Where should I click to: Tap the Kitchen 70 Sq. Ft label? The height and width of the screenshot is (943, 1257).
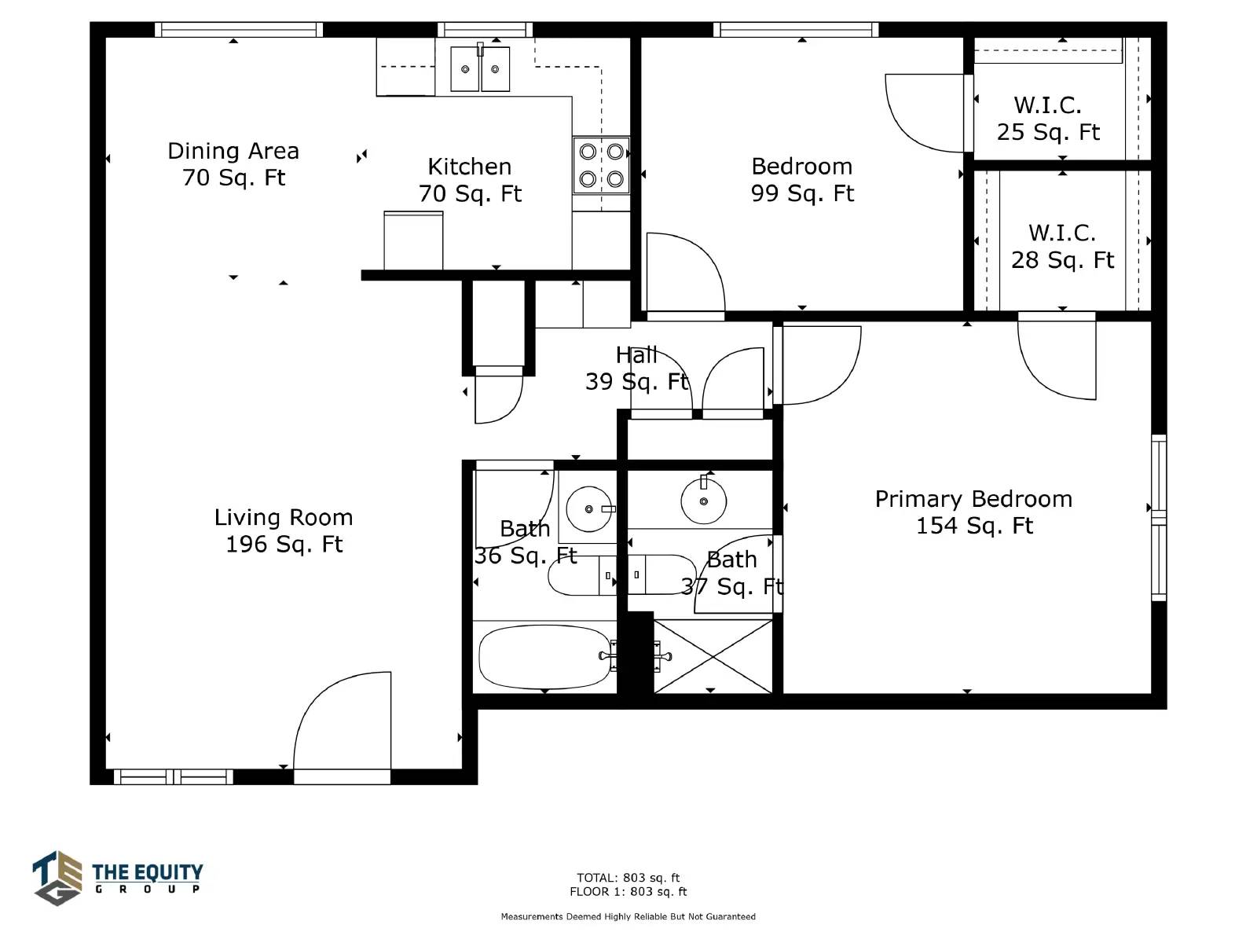tap(470, 181)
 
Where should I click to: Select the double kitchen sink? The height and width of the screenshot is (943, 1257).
tap(480, 68)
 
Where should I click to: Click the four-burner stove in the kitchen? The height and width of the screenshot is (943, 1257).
tap(601, 166)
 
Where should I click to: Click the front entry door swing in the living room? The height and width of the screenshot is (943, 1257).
tap(342, 721)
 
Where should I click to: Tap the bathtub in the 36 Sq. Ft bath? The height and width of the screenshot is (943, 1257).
tap(545, 656)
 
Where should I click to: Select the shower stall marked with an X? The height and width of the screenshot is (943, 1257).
tap(713, 657)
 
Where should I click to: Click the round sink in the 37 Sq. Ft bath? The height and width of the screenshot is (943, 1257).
tap(704, 501)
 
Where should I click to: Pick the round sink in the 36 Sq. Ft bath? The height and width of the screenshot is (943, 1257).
tap(588, 509)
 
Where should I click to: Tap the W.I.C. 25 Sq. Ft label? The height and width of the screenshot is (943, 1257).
tap(1048, 119)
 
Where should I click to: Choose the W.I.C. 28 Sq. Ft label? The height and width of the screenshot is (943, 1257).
tap(1062, 247)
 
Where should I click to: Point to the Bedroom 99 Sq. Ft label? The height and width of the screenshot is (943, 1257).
tap(802, 180)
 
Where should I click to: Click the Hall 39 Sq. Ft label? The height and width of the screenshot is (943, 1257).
tap(636, 368)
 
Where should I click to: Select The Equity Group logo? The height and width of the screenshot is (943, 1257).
tap(117, 879)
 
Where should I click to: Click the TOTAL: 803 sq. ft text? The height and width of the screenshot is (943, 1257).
tap(628, 877)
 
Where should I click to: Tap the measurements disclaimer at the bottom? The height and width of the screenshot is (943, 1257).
tap(628, 916)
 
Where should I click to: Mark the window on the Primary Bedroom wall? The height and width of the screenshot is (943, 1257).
tap(1159, 518)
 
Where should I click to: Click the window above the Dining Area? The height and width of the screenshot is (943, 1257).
tap(239, 30)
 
